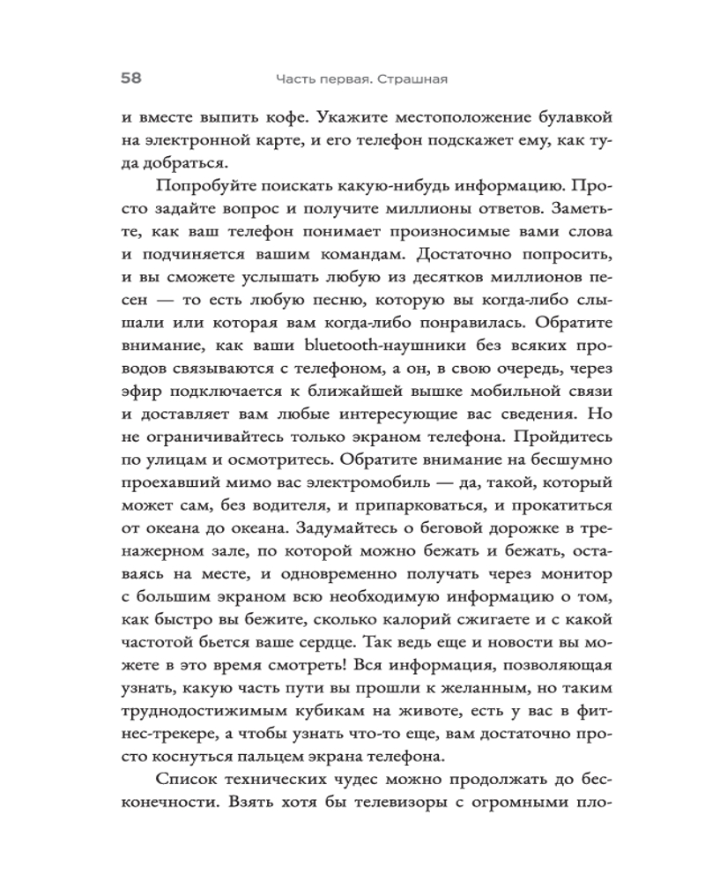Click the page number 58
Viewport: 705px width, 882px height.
[131, 78]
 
